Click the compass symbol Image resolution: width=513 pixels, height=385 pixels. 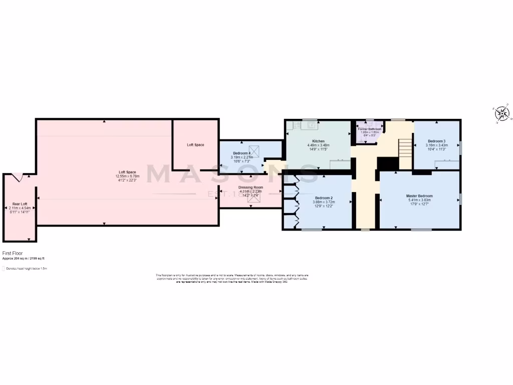coord(502,114)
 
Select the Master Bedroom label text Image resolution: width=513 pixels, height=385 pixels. coord(419,196)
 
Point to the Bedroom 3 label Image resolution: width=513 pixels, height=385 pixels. coord(436,141)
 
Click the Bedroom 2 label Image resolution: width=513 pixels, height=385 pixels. coord(323,198)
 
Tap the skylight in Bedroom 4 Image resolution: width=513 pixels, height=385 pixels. coord(255,149)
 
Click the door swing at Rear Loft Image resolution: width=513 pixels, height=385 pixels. coord(18,176)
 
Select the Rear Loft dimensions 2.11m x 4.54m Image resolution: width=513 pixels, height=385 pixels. coord(20,208)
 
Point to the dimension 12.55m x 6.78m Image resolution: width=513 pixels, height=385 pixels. coord(127,176)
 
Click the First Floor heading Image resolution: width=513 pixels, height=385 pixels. coord(13,254)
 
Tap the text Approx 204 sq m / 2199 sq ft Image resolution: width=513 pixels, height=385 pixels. coord(24,259)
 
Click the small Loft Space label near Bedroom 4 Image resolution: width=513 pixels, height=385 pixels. coord(195,145)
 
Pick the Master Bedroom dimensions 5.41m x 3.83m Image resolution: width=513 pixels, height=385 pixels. coord(419,200)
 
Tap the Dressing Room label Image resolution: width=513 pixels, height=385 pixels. coord(250,187)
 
